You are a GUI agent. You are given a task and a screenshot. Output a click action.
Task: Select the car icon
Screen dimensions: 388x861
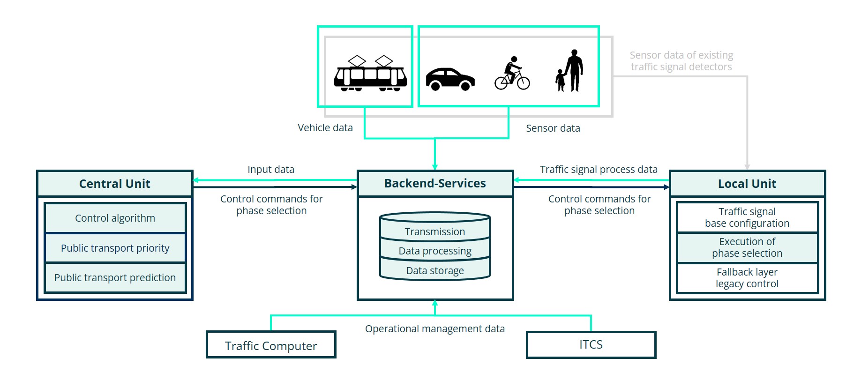450,79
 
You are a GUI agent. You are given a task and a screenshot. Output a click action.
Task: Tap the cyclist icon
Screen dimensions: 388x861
512,74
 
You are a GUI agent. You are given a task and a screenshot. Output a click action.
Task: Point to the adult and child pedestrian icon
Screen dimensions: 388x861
569,71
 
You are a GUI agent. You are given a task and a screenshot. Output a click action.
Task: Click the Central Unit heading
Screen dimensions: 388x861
115,184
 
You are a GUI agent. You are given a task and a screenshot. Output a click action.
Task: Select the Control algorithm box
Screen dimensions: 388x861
115,218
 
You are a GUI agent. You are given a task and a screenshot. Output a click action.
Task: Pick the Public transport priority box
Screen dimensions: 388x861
115,248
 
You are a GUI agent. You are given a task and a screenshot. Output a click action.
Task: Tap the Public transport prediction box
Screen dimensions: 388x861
115,277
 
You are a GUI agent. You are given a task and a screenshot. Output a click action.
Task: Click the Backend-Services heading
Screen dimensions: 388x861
435,183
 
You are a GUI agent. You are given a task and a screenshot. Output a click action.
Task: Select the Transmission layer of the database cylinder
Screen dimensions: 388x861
435,231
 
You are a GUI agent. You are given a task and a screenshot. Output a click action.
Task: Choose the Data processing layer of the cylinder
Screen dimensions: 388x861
435,251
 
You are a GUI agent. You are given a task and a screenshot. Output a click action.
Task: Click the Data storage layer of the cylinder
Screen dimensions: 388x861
435,270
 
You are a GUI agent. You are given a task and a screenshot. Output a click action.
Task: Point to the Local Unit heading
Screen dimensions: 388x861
747,184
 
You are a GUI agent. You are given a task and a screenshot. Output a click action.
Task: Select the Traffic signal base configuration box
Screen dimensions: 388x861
747,217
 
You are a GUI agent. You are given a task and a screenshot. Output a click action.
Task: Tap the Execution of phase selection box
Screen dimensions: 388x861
747,247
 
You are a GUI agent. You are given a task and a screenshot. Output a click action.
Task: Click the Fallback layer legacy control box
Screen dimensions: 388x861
747,278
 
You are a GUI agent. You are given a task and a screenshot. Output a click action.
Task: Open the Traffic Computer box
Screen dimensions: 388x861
271,345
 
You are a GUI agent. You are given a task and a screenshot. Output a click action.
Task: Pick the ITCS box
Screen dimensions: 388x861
591,345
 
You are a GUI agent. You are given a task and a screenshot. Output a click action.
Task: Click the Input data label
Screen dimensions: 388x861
271,170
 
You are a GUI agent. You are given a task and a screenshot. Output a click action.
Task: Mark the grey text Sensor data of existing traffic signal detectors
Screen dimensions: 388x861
681,61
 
